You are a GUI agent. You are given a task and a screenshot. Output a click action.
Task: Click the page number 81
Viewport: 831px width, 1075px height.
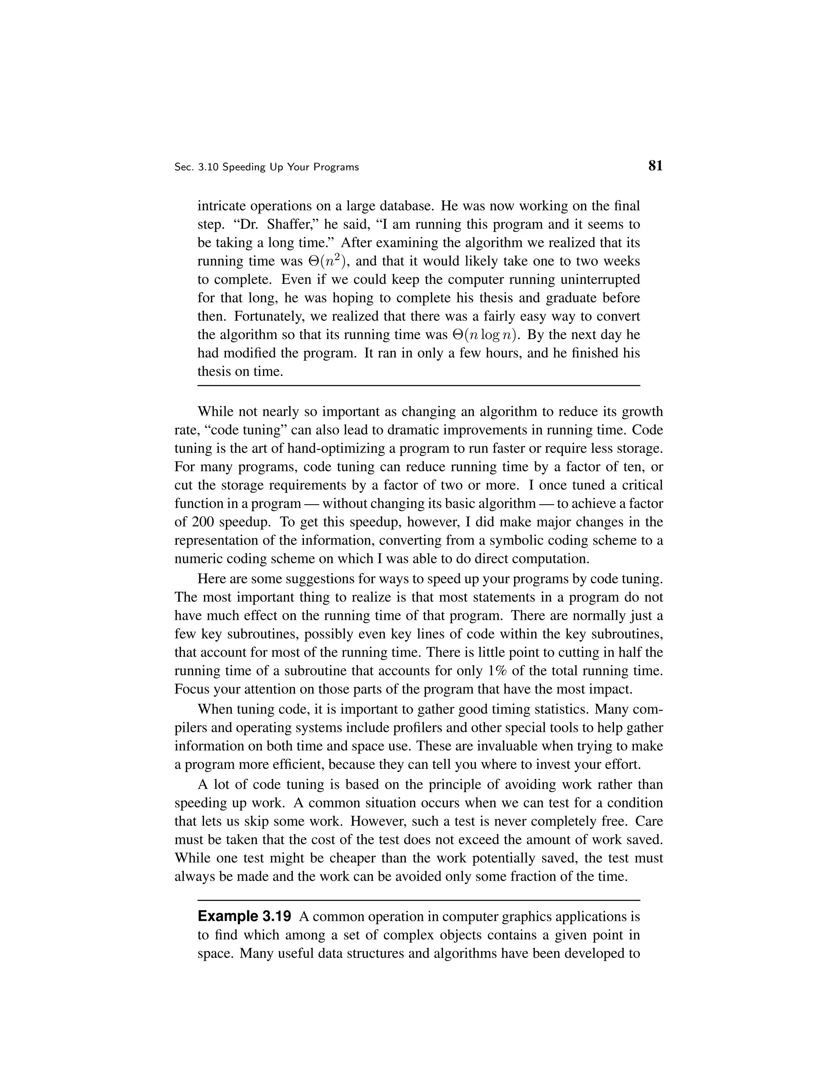pos(655,166)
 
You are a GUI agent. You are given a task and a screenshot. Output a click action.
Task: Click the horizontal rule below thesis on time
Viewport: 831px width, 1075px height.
pos(418,385)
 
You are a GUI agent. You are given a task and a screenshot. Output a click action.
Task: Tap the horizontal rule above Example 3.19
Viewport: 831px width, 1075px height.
pos(418,900)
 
